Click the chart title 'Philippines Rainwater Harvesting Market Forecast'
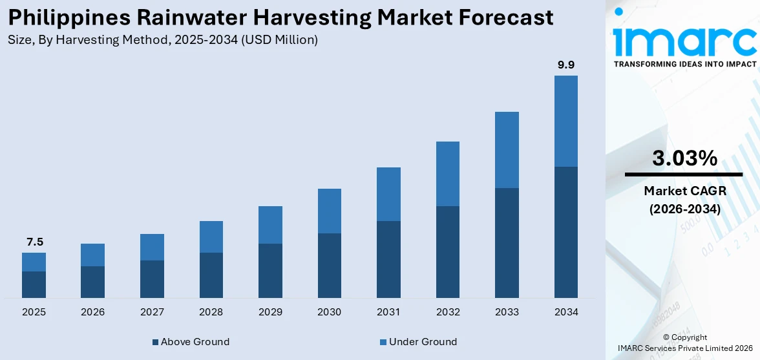coord(280,17)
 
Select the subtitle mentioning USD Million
coord(163,40)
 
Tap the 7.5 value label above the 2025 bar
coord(34,242)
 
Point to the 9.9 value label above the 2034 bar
coord(566,65)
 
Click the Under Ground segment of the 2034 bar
coord(566,121)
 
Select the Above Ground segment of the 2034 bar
coord(566,232)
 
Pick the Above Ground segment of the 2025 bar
coord(34,284)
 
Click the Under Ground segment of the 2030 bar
coord(330,211)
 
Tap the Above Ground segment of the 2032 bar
coord(448,252)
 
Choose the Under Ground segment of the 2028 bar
coord(211,237)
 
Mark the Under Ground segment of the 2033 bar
coord(507,150)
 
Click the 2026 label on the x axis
coord(93,312)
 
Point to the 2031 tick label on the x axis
coord(388,312)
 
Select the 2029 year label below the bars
coord(270,312)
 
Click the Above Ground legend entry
coord(191,342)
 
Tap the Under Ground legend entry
coord(418,342)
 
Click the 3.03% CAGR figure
coord(684,158)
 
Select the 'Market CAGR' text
coord(684,191)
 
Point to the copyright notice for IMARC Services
coord(684,343)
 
